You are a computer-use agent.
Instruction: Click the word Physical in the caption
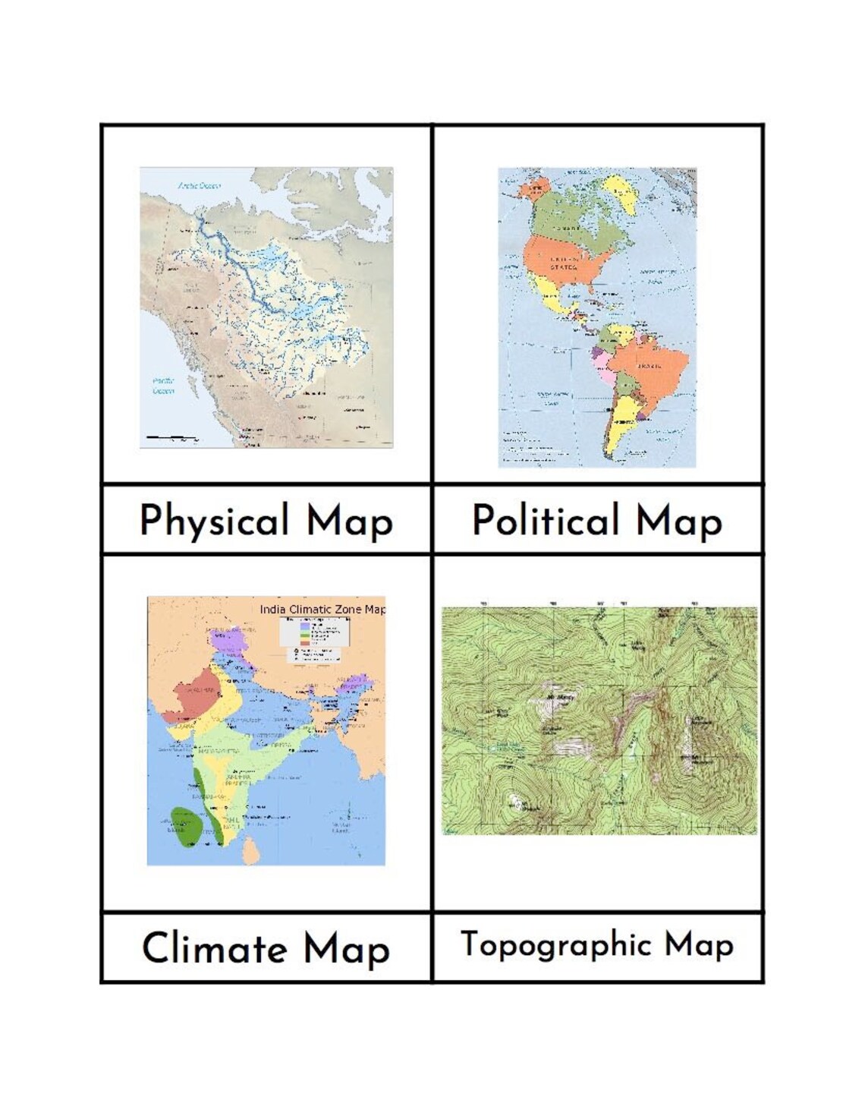click(215, 522)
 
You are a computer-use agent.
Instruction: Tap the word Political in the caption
click(546, 522)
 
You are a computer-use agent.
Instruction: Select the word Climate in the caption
click(215, 948)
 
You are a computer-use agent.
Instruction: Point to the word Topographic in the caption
click(555, 946)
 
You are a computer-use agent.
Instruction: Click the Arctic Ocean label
click(199, 185)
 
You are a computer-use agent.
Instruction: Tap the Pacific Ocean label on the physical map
click(163, 386)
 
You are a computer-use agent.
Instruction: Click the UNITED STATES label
click(564, 263)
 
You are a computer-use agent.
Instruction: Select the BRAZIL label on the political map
click(650, 366)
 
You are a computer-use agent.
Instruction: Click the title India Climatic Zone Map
click(322, 609)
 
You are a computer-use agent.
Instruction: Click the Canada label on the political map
click(568, 227)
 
